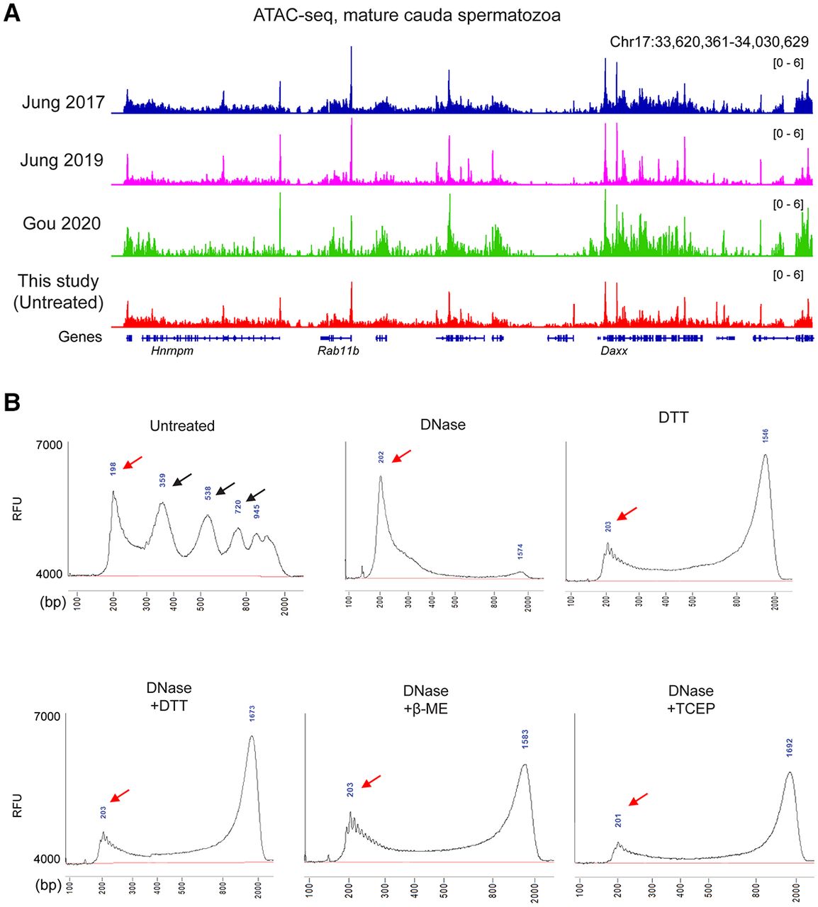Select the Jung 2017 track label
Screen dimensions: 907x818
(63, 102)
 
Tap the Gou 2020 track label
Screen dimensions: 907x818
(62, 223)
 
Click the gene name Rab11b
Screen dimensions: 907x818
(338, 351)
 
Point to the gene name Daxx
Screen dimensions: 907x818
(614, 351)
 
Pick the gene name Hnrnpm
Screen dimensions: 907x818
(172, 351)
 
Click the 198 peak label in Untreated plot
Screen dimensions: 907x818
(113, 468)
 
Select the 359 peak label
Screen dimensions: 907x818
(162, 480)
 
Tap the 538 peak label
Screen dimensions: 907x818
(208, 492)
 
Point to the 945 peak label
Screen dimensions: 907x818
(257, 511)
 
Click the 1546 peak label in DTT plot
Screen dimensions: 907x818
(766, 436)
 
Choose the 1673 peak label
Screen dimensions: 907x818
(252, 714)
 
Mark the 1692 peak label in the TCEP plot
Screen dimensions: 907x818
(790, 748)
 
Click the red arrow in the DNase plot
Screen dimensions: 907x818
(401, 455)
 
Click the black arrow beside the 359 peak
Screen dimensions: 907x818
(182, 480)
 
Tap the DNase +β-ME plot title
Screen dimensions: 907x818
(426, 699)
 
